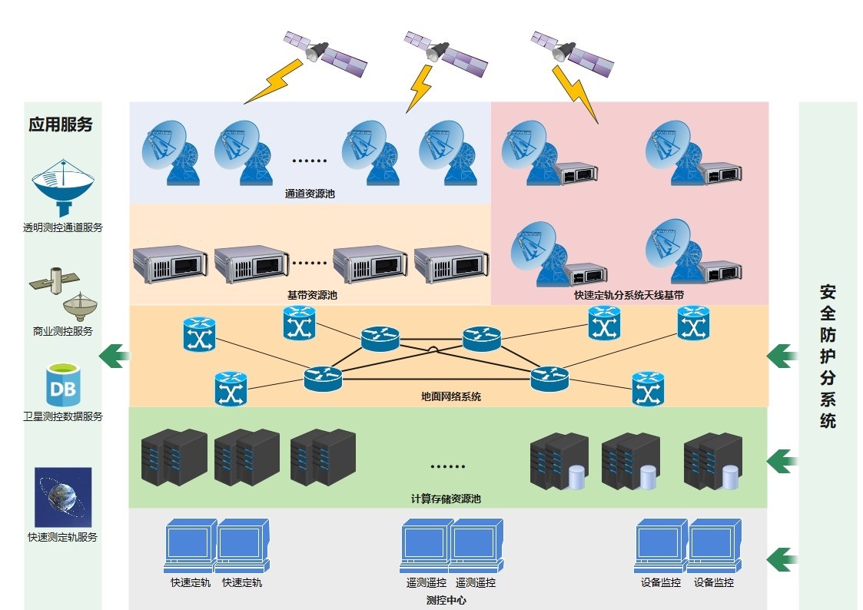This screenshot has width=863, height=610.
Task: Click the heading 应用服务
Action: click(61, 124)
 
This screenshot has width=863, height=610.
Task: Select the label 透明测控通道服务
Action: click(62, 227)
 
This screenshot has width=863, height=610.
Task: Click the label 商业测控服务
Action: click(62, 331)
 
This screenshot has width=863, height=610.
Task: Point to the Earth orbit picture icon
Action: click(63, 496)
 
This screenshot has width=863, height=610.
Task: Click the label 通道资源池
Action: click(310, 194)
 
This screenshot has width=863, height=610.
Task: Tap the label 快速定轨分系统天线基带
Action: click(629, 295)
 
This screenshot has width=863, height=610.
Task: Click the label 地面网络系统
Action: click(451, 396)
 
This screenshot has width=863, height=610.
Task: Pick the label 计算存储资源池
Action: click(446, 499)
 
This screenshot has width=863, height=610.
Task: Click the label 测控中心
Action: click(446, 600)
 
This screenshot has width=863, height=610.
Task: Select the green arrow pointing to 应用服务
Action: click(115, 355)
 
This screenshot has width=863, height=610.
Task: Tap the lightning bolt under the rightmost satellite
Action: click(576, 94)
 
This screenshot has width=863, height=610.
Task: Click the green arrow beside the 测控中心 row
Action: click(782, 559)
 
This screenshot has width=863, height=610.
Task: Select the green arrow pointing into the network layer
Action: click(782, 355)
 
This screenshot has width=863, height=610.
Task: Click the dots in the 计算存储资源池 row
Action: click(447, 466)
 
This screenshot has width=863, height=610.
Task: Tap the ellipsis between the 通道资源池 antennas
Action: click(310, 161)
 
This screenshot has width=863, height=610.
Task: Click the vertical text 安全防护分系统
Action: click(828, 356)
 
